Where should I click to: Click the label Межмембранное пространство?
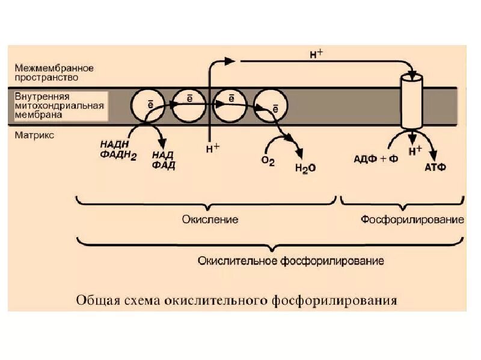(55, 73)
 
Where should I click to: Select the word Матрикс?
(34, 135)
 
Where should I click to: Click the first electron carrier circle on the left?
(149, 106)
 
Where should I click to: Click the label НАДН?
(115, 144)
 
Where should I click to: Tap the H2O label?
(305, 169)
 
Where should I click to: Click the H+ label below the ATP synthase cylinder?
(415, 152)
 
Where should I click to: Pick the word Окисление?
(210, 220)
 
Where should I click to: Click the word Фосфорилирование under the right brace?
(412, 220)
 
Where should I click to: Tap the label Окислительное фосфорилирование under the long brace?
(291, 261)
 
